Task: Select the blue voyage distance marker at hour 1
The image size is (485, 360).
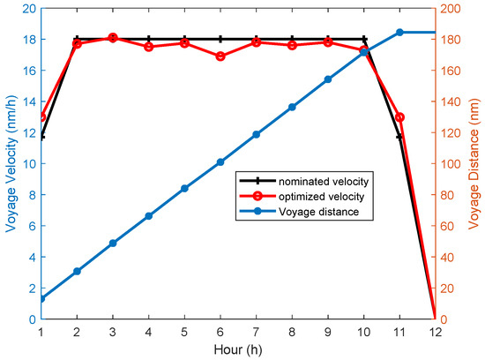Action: (x=41, y=298)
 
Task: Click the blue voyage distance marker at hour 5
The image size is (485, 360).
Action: (x=184, y=188)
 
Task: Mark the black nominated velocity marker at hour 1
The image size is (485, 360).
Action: (x=41, y=137)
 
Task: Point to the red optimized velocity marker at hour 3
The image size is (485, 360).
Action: (x=113, y=38)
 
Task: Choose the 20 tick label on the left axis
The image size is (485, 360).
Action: (x=27, y=9)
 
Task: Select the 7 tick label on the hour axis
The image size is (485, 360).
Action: (x=256, y=332)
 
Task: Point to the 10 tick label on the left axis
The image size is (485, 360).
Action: (x=27, y=164)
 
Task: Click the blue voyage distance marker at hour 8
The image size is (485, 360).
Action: (x=292, y=107)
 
